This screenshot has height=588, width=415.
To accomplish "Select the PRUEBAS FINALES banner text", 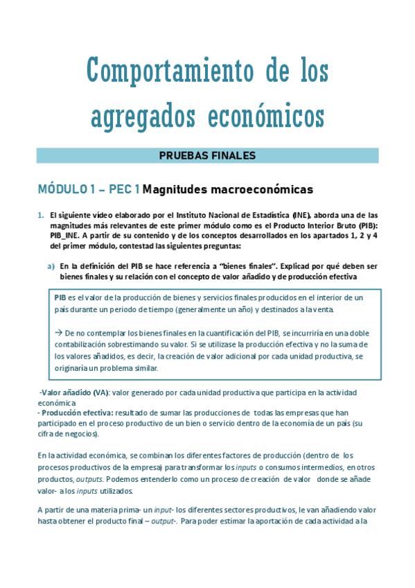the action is (208, 155).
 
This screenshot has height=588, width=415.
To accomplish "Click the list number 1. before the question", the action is (42, 216).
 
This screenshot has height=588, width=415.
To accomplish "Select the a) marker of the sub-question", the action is (51, 265).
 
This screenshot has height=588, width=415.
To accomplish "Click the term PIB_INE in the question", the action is (66, 236).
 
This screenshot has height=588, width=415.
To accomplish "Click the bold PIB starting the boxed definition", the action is (60, 297).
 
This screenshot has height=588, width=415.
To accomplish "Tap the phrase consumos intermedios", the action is (294, 469).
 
